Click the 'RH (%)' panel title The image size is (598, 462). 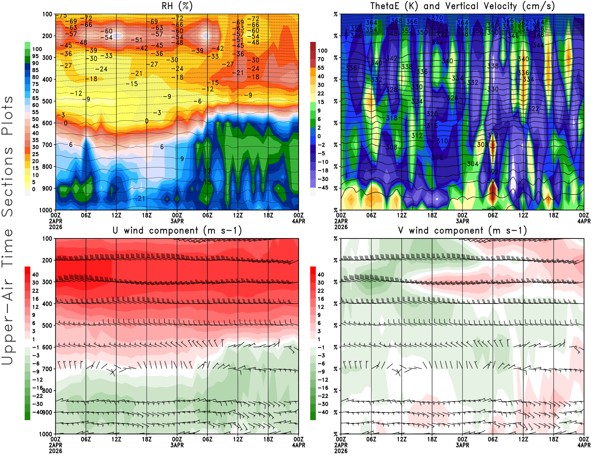point(177,6)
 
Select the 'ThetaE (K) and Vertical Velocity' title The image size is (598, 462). point(462,6)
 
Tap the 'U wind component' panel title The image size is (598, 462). point(177,230)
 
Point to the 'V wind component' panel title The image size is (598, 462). point(462,230)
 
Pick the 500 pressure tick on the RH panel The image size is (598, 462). point(47,101)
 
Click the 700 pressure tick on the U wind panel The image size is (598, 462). point(47,369)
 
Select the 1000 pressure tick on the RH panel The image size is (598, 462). point(46,210)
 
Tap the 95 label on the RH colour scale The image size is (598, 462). point(35,56)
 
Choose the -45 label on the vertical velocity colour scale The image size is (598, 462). point(323,188)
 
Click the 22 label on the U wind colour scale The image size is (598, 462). point(35,291)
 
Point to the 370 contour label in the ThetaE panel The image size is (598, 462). point(437,18)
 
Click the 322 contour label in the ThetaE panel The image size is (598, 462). point(533,109)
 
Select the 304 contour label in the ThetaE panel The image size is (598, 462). point(472,164)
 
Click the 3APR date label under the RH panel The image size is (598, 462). point(177,221)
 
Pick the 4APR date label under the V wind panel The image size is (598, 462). point(584,445)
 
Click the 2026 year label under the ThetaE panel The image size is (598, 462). point(341,227)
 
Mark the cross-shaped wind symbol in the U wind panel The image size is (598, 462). point(113,372)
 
